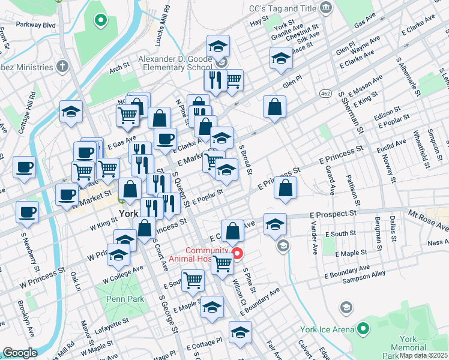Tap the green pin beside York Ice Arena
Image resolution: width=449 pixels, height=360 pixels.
click(x=363, y=329)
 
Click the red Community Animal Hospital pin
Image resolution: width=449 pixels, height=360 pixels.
click(x=237, y=254)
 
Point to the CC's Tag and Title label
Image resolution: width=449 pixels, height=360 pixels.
click(x=281, y=9)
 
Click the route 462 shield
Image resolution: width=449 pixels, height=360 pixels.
click(x=325, y=94)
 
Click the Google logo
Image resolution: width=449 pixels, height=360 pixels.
click(x=20, y=353)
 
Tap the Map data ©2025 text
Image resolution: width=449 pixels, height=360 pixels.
click(x=423, y=355)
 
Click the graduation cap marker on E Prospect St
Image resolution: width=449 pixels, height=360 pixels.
click(x=275, y=225)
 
